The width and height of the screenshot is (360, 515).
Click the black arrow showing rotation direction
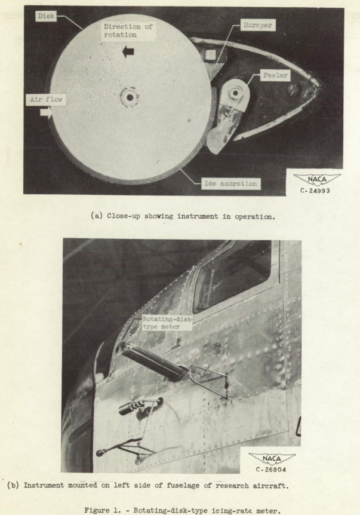pos(127,52)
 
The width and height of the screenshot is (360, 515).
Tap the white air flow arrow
pos(44,111)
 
